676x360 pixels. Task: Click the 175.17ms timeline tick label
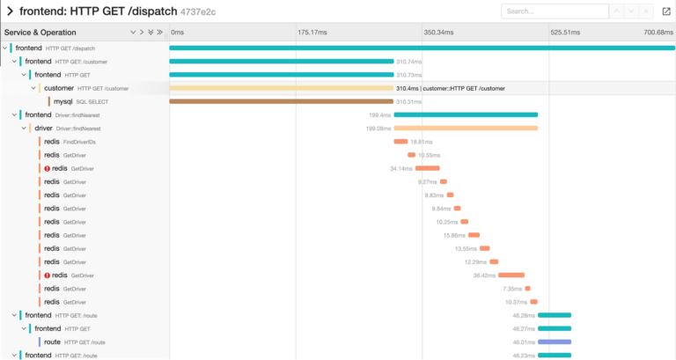coord(312,33)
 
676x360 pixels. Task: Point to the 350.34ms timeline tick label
coord(438,33)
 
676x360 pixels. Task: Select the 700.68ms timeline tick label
coord(658,33)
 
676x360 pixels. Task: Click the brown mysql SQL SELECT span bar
coord(281,101)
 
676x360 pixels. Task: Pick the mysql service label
coord(63,101)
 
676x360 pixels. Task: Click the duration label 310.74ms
coord(409,62)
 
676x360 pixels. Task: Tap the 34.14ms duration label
coord(401,168)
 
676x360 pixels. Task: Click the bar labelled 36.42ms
coord(511,276)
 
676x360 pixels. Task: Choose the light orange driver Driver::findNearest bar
coord(466,129)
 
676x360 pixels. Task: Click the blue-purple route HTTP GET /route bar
coord(555,342)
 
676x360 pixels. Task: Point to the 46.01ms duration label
coord(525,342)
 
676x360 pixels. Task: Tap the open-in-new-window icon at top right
coord(665,11)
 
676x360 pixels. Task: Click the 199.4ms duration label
coord(379,115)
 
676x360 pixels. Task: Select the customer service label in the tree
coord(59,88)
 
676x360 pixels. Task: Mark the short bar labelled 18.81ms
coord(400,142)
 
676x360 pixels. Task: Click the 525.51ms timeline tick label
coord(566,33)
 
